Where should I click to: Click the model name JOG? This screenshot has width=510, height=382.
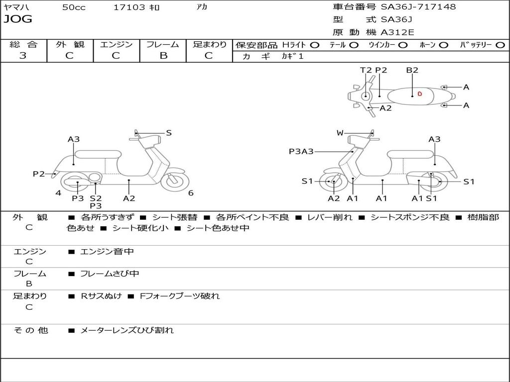point(18,19)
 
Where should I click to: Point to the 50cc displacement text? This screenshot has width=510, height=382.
point(74,7)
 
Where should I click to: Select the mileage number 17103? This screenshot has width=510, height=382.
point(129,7)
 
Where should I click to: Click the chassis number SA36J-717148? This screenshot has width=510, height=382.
point(418,7)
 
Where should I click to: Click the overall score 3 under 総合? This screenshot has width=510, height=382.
point(23,56)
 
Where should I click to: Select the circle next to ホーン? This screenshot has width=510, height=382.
point(444,45)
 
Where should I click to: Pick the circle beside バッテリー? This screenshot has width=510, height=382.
point(500,45)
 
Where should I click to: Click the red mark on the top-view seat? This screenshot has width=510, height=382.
point(419,94)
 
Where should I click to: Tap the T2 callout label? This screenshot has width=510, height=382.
point(366,70)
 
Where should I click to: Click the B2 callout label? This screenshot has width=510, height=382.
point(412,70)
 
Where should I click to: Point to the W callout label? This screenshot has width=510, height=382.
point(340,133)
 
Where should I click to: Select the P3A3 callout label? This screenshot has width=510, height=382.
point(301,151)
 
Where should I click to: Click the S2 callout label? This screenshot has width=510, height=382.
point(96,198)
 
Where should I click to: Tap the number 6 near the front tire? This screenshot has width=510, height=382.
point(191,193)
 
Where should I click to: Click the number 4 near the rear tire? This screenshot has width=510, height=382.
point(58,193)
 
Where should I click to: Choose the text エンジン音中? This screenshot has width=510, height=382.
point(107,252)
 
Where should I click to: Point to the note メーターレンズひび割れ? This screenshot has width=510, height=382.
point(127,330)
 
